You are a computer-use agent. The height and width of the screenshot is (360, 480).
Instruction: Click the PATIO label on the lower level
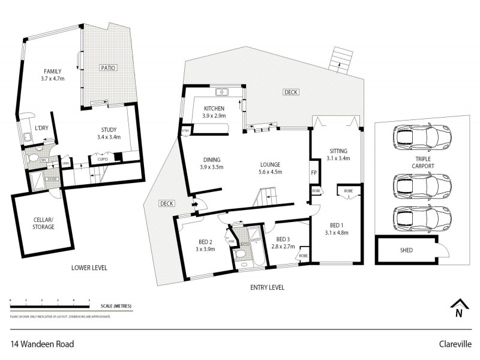click(x=108, y=68)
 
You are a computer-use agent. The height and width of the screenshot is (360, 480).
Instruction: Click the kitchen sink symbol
click(x=223, y=92)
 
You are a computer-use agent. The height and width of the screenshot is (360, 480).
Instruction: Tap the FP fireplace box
click(x=314, y=173)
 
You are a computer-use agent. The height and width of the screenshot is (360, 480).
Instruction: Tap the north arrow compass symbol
click(x=459, y=307)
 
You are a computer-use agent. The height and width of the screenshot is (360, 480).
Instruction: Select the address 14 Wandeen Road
click(x=42, y=345)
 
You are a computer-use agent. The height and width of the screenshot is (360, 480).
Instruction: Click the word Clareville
click(x=455, y=345)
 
